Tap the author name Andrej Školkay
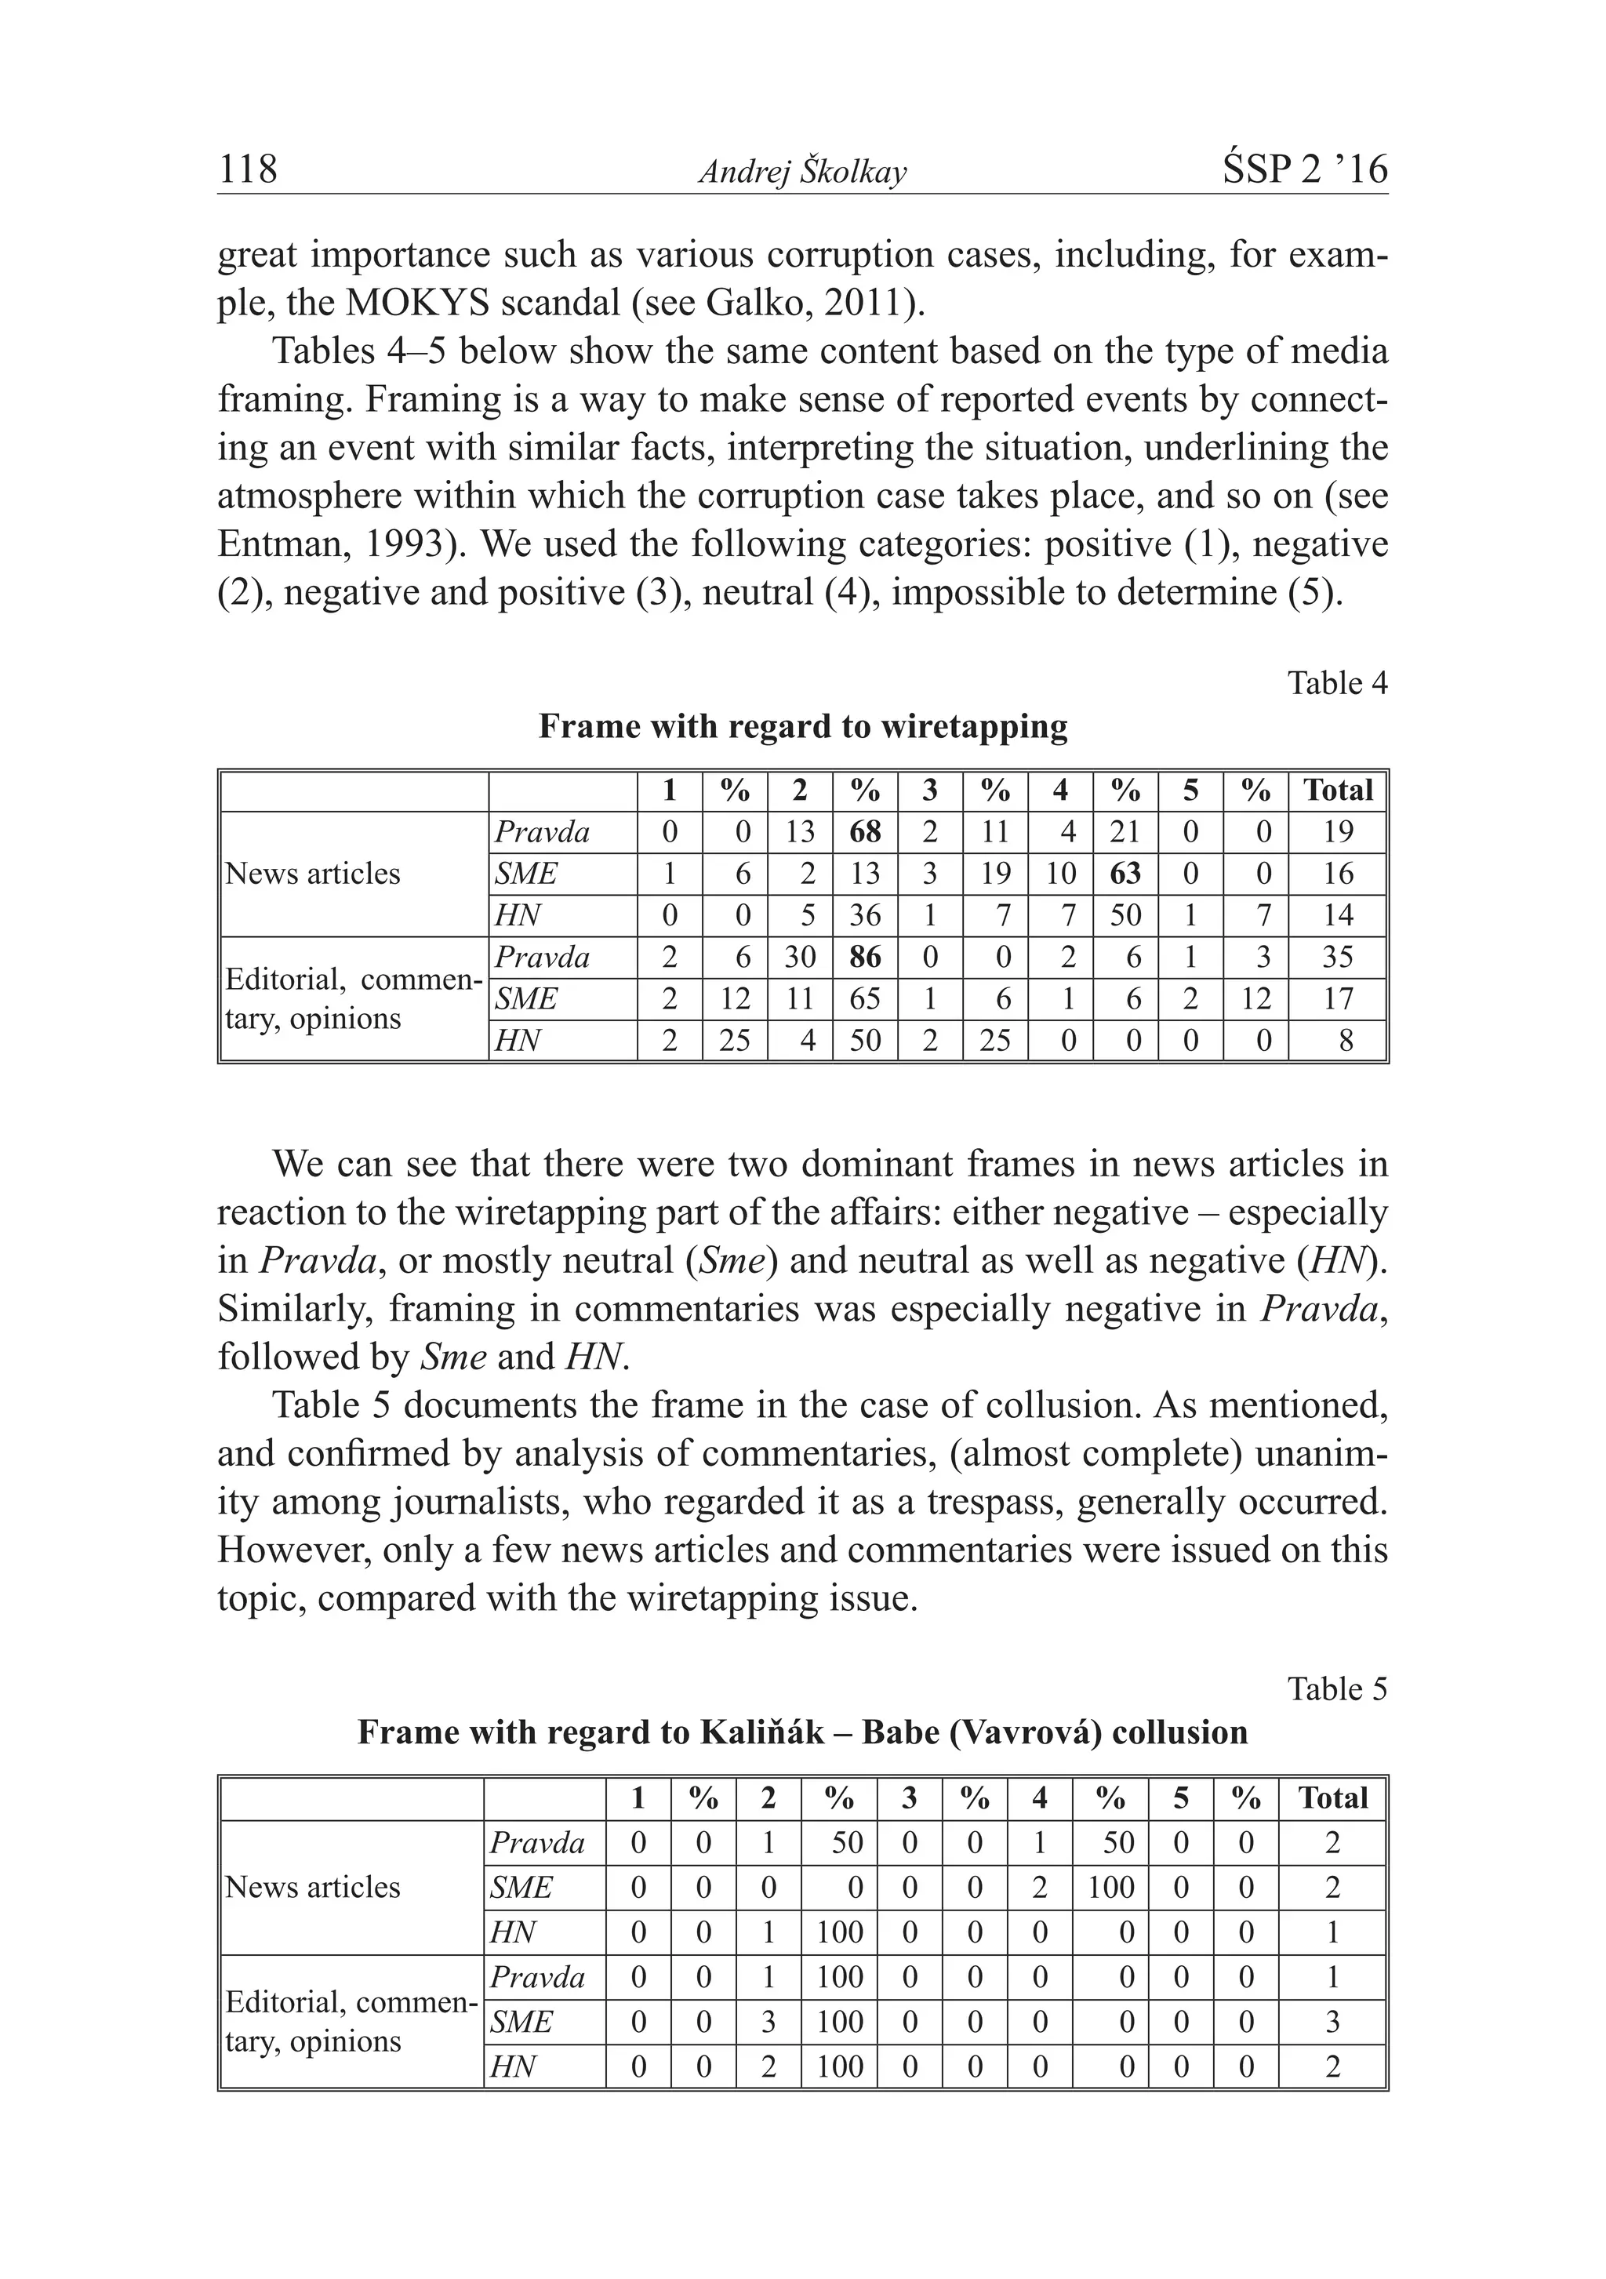point(802,173)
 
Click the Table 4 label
point(1337,683)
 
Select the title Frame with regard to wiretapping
point(802,726)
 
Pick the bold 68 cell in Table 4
point(864,832)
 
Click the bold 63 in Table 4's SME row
point(1125,874)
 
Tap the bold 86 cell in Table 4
point(864,957)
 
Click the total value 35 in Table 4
point(1338,957)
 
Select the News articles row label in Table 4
point(313,874)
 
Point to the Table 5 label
point(1337,1688)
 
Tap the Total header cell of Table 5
point(1332,1797)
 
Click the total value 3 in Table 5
point(1332,2022)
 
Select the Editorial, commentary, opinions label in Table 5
point(350,2022)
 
